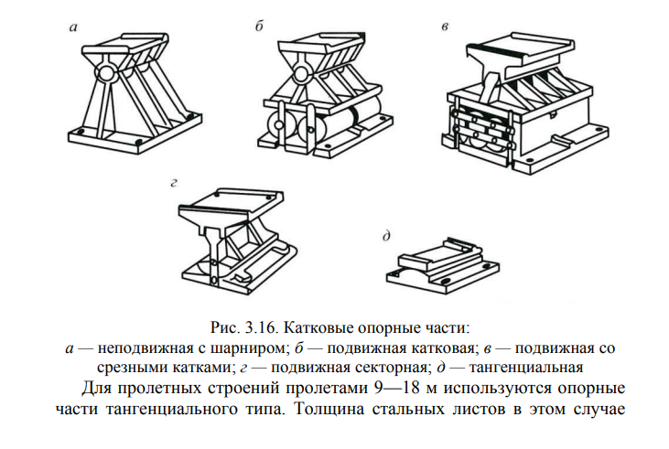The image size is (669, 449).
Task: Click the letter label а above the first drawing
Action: [x=73, y=29]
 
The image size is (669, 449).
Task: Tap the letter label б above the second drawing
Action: [x=260, y=29]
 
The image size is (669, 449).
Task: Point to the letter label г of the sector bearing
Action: [x=171, y=183]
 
